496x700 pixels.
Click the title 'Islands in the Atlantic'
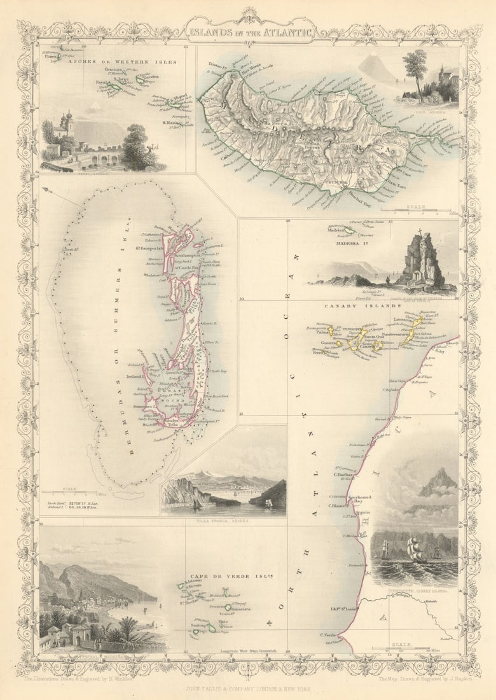250,29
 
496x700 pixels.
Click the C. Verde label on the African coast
327,634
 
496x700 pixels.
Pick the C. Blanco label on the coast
337,506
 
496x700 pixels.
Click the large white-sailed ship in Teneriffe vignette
414,550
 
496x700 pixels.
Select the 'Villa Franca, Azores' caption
223,520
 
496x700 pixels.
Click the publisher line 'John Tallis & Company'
248,688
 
